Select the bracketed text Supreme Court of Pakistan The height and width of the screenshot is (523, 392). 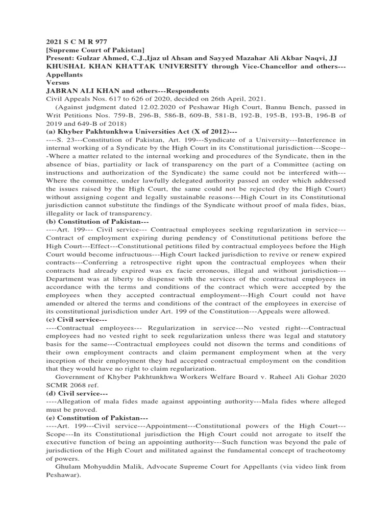point(95,50)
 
